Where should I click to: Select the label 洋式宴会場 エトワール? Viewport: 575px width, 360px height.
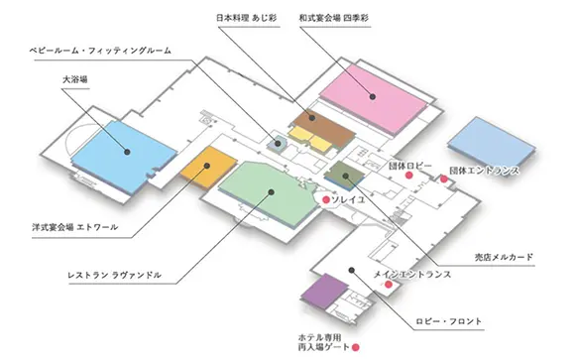pos(75,227)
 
